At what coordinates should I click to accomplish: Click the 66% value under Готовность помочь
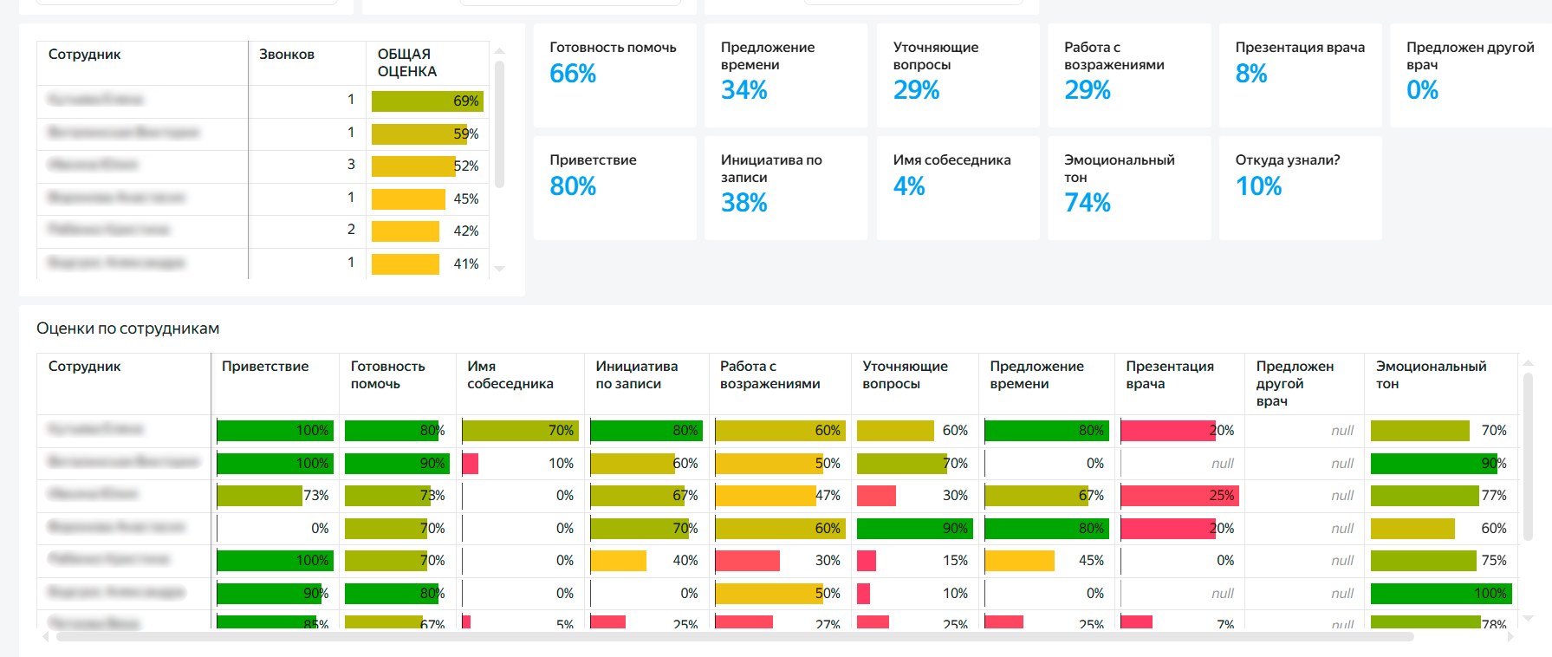573,75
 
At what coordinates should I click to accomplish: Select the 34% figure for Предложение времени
744,90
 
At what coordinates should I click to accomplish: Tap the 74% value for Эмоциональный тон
1088,203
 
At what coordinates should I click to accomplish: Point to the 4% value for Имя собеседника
909,186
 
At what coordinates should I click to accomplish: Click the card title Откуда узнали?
1288,160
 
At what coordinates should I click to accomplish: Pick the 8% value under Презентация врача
1251,75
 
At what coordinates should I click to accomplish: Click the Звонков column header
287,55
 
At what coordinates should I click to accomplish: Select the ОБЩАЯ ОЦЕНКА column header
407,63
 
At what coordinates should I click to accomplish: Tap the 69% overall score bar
427,101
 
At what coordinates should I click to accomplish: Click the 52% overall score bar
413,166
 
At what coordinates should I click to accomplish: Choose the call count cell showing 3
351,165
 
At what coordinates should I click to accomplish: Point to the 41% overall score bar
406,264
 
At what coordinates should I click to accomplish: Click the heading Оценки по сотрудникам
128,328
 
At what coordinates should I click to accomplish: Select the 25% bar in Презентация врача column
1179,496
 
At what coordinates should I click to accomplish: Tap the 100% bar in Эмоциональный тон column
1441,594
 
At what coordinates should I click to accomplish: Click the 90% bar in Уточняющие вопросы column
915,529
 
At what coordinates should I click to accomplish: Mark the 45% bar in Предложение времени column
1020,561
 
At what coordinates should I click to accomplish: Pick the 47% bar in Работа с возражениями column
765,496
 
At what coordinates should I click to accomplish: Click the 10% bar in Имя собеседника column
471,464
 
